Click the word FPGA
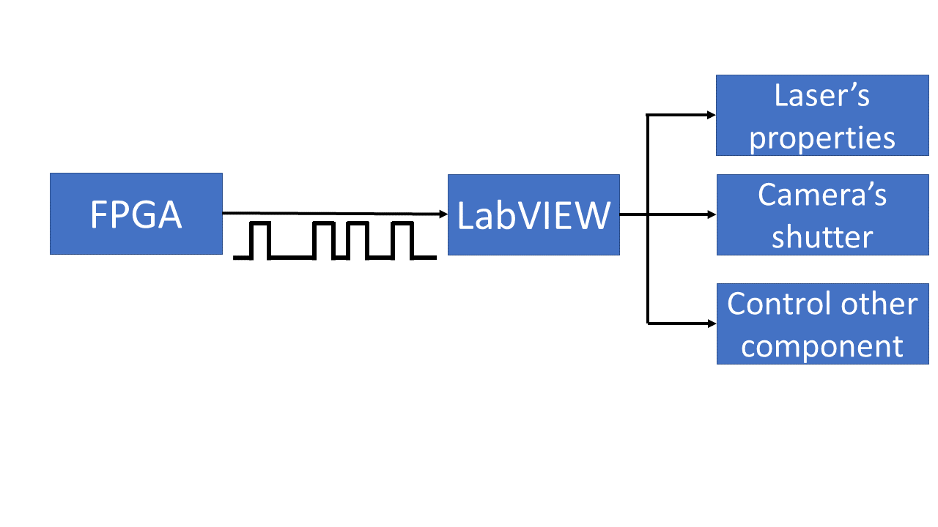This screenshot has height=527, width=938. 136,214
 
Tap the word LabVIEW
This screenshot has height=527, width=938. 533,215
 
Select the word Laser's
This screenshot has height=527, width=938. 821,95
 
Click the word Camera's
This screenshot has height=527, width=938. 821,195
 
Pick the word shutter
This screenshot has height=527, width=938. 821,236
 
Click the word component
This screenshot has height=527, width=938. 821,345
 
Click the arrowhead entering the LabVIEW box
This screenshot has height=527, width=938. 443,214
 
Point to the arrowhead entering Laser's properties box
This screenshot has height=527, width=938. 712,115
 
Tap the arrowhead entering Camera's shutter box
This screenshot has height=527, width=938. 712,215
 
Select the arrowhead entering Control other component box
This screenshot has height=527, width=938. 712,323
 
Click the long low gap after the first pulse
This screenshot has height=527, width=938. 292,257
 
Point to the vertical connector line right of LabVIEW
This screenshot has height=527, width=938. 647,263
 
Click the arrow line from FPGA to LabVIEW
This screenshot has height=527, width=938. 330,213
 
